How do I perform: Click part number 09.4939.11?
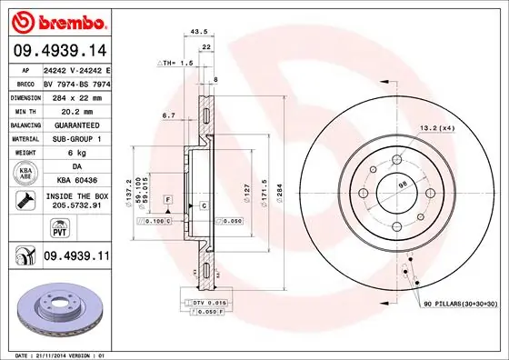click(x=76, y=258)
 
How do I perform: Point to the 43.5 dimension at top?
click(x=196, y=32)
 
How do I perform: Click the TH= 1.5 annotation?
click(x=176, y=63)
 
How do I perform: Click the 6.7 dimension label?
click(x=168, y=115)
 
